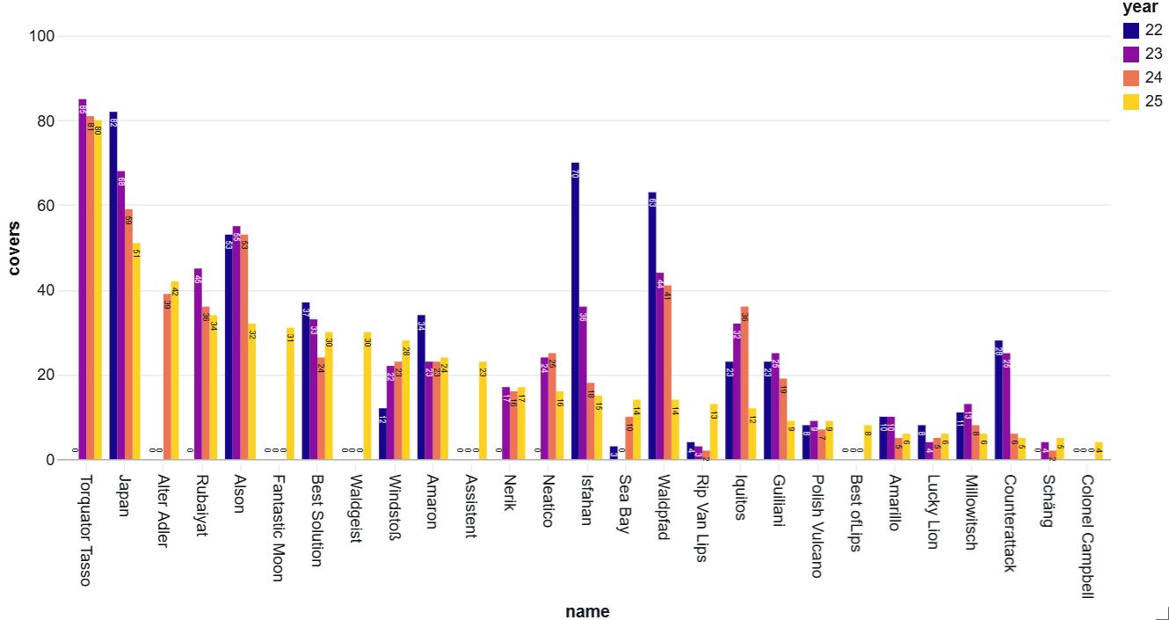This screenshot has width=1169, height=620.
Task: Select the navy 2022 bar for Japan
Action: (113, 286)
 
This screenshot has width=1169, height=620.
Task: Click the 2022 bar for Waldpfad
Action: (652, 325)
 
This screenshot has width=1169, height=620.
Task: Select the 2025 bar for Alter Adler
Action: (175, 370)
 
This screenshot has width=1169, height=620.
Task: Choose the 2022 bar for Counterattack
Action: (998, 400)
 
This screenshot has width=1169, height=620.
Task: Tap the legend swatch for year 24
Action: (1131, 77)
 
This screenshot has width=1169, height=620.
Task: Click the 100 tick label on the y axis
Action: (41, 37)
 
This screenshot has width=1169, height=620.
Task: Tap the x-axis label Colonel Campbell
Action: (1087, 536)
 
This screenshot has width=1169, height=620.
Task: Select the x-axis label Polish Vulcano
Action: (815, 526)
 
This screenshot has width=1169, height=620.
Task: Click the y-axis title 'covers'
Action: (14, 248)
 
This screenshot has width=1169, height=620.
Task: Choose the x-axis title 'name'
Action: (587, 611)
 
